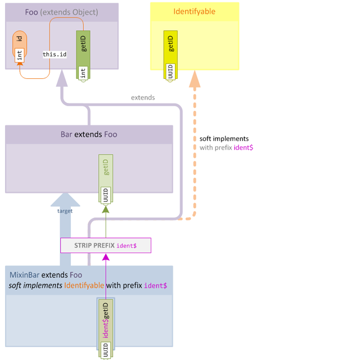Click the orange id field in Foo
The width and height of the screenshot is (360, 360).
click(19, 39)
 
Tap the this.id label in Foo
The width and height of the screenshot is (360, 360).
click(55, 55)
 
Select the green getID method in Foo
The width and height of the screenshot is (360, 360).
click(83, 46)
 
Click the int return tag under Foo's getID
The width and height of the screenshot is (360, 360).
click(83, 73)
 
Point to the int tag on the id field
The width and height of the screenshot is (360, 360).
click(19, 55)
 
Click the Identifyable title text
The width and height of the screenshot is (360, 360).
click(194, 11)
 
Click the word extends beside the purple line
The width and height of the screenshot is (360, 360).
click(143, 97)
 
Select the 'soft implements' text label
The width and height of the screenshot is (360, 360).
click(224, 138)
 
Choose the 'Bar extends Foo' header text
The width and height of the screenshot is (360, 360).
click(89, 134)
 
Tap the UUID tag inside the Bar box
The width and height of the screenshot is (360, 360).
click(105, 195)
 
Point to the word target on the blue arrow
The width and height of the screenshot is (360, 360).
click(65, 211)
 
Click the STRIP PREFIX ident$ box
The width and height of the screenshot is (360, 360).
click(106, 246)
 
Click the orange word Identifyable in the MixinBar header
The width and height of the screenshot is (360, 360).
click(84, 285)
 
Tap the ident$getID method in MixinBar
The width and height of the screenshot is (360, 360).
click(106, 321)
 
